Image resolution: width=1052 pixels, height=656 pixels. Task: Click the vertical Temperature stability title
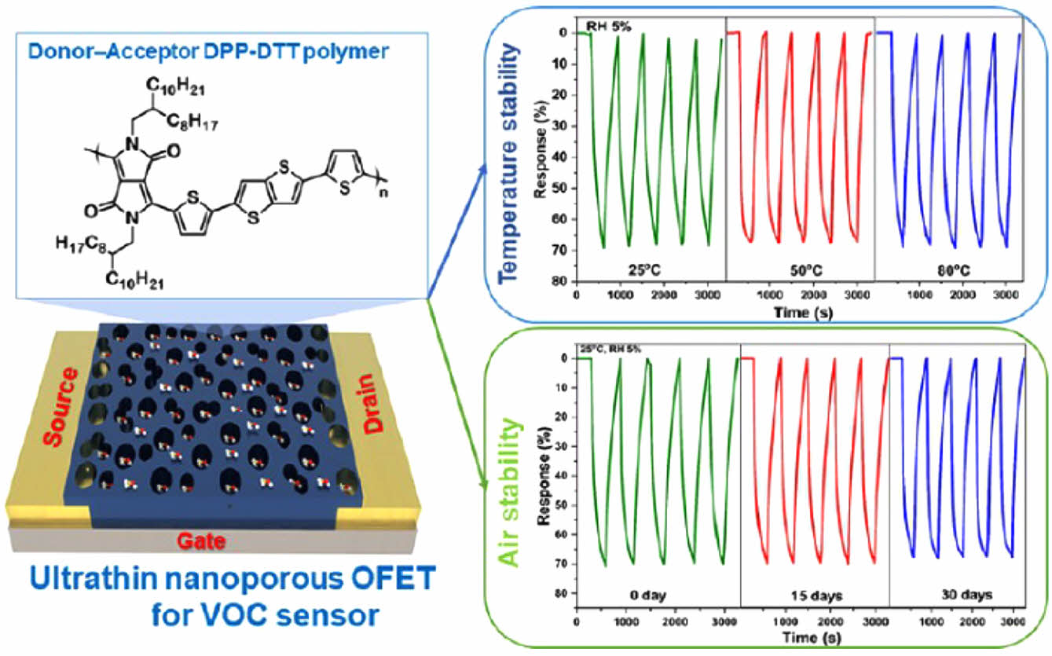point(511,162)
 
